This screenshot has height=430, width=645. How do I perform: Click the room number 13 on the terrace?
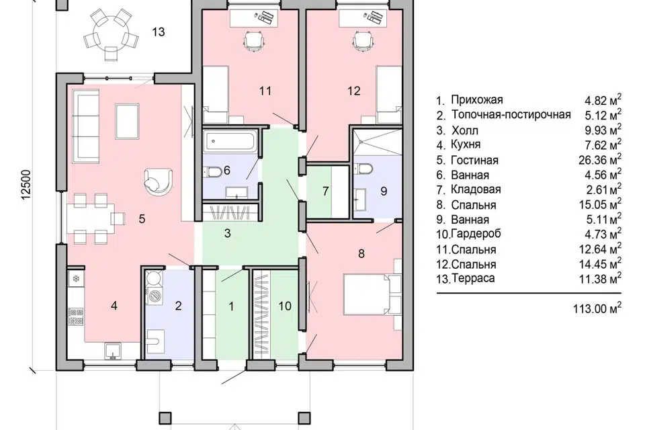159,32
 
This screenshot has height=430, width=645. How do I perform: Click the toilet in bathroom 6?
212,171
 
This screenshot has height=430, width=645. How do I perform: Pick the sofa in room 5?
85,127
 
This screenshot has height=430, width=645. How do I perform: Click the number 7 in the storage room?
325,191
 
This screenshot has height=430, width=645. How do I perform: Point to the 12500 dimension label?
26,185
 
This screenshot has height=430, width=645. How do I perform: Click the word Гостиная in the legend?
474,160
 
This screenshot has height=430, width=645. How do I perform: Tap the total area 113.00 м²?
597,308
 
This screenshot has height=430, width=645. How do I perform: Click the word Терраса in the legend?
473,278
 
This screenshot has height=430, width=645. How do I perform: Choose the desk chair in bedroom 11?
253,41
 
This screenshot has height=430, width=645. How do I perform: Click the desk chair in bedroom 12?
363,42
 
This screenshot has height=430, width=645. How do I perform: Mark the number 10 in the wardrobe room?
285,306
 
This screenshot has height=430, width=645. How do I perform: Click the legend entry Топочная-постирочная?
511,114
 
